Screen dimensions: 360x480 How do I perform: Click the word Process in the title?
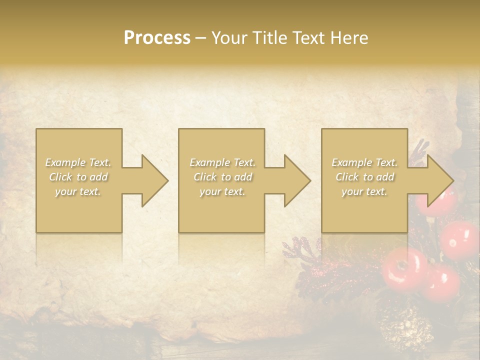pos(157,37)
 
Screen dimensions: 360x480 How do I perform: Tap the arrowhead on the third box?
pos(439,180)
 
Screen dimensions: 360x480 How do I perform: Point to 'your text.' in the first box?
pos(78,191)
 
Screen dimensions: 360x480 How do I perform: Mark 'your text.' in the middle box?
pos(222,191)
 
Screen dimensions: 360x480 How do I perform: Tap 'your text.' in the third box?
pos(364,191)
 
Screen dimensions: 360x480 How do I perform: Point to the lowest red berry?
pos(441,282)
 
